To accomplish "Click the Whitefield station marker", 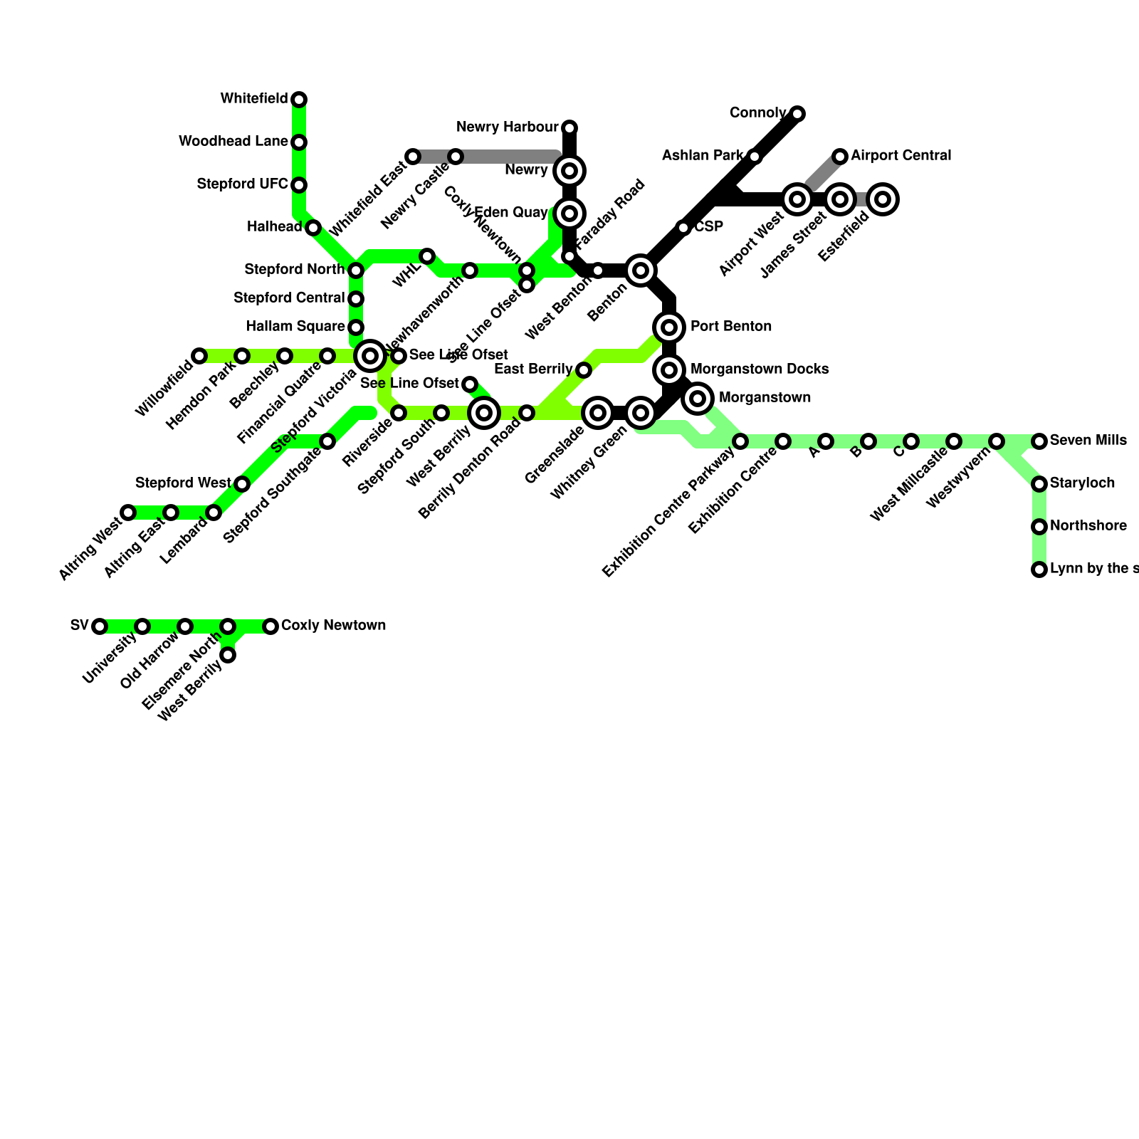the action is [x=300, y=99].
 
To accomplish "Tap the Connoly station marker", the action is [x=797, y=114].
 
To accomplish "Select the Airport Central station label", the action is [x=901, y=156].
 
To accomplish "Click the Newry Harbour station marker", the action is [x=569, y=128].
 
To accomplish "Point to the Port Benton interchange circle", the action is [x=669, y=327].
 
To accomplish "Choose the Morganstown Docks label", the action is [x=759, y=369].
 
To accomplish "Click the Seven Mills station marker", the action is [x=1039, y=441].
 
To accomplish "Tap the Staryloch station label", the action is [x=1082, y=483].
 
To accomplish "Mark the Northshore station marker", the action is [x=1039, y=527].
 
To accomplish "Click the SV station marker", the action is [x=100, y=626].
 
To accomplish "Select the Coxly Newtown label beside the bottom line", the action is [x=333, y=626].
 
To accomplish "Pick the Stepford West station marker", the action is [x=242, y=484].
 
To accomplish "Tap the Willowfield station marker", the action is [x=199, y=356].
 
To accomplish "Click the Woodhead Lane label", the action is [x=233, y=142].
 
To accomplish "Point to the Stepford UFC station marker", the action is [x=300, y=185].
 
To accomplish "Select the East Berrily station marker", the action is [x=584, y=370].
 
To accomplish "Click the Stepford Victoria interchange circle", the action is [x=370, y=355].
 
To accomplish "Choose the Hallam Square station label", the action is [x=295, y=327].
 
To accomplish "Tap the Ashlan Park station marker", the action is [x=755, y=157].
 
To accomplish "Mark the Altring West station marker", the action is [x=128, y=513].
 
